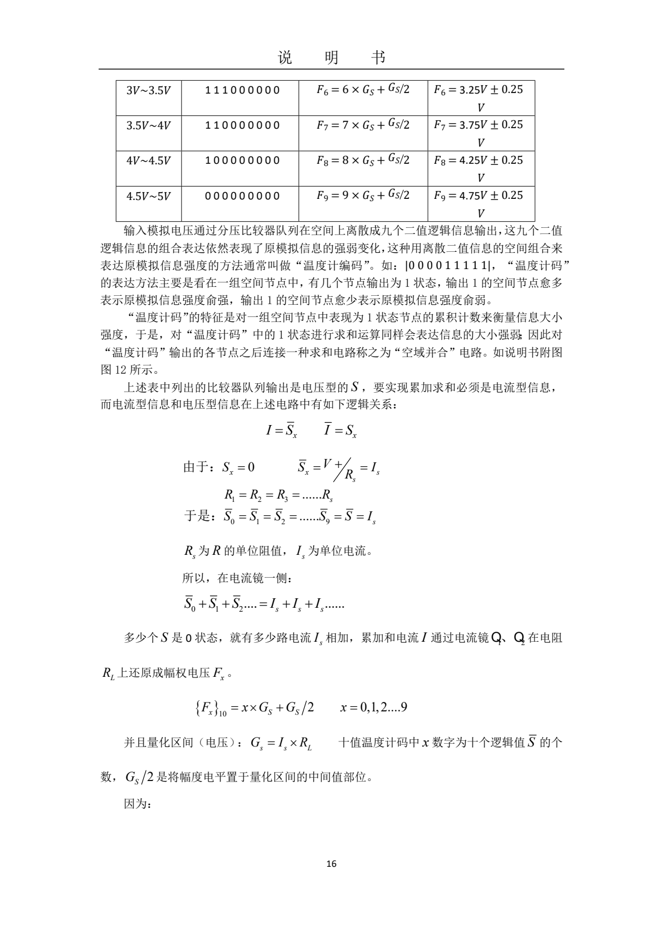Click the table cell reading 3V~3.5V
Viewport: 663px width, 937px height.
point(148,90)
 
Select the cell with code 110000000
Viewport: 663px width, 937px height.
point(242,125)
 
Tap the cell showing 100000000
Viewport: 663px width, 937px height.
point(242,160)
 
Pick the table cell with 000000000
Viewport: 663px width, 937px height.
point(242,196)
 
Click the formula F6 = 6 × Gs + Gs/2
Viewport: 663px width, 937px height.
point(363,90)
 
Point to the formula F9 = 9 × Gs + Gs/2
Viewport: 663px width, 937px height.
point(363,196)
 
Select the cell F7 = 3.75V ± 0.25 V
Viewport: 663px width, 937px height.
point(480,133)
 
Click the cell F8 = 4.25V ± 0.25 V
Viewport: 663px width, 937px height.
point(480,168)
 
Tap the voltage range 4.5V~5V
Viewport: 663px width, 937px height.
point(148,196)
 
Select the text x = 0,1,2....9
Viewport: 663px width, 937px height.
point(373,707)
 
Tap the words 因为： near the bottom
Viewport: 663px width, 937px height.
point(137,804)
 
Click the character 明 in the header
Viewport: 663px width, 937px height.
point(331,57)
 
